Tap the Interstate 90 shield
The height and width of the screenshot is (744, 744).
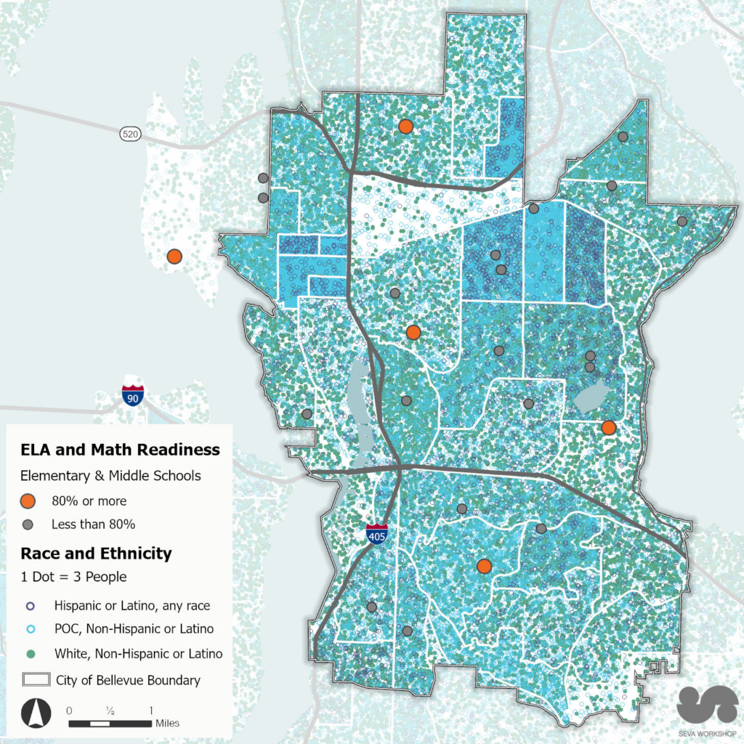(x=133, y=395)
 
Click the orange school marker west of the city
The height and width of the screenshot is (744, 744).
(x=174, y=256)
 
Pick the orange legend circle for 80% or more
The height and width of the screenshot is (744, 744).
(x=28, y=501)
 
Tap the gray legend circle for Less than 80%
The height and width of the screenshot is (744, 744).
(x=28, y=524)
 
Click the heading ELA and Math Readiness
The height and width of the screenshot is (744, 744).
(x=120, y=450)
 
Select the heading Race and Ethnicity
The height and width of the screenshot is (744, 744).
(x=96, y=554)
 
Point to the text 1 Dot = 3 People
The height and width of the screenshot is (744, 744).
(x=73, y=578)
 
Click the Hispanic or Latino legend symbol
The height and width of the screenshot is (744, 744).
(x=31, y=605)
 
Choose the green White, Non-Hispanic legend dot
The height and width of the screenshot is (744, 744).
(x=31, y=654)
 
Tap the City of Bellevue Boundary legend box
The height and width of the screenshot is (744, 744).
(x=35, y=681)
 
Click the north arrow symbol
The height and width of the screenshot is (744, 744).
(x=33, y=713)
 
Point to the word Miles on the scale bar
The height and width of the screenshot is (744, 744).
(x=167, y=724)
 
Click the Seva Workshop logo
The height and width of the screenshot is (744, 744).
(x=706, y=707)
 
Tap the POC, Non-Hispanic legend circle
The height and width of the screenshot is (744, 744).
(x=31, y=629)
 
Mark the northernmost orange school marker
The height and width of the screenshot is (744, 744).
(x=405, y=126)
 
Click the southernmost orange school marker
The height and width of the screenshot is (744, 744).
(x=484, y=566)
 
